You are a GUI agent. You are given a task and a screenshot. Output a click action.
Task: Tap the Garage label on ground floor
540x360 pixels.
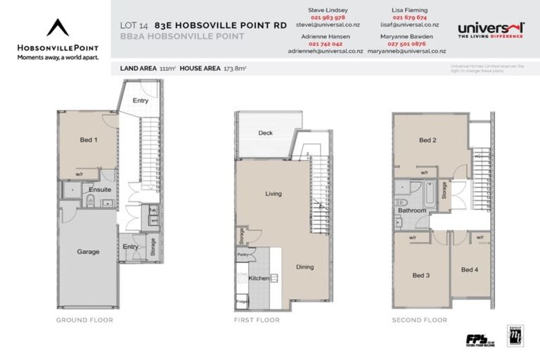tap(88, 251)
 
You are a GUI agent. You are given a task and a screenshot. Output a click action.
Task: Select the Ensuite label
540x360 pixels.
tap(98, 190)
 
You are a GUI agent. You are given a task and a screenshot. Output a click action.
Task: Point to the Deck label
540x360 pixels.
tap(265, 133)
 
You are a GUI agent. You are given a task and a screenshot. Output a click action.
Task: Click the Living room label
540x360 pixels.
tap(274, 193)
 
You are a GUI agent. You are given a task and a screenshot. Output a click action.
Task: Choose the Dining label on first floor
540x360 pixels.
tap(304, 266)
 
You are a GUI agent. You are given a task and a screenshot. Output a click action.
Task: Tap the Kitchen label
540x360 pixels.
tap(259, 279)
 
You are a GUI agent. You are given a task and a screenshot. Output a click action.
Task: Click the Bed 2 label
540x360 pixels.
tap(427, 140)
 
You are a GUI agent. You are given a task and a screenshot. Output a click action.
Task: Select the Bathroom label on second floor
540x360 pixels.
tap(412, 210)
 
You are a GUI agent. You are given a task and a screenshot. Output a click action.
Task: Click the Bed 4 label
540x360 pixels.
tap(469, 270)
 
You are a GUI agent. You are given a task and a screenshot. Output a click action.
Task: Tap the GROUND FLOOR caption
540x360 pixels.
tap(84, 320)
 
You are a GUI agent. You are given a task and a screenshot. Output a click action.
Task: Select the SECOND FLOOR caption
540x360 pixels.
tap(419, 320)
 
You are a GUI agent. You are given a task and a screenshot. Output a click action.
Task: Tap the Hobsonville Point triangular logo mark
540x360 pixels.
tap(58, 27)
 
